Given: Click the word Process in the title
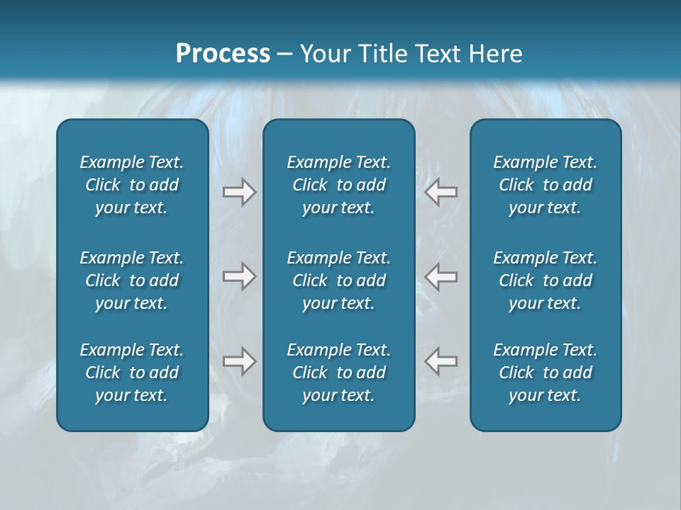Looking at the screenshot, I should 223,54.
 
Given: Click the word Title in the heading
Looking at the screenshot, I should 382,54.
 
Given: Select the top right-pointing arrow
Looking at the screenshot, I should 239,192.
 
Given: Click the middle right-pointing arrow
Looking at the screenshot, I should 239,276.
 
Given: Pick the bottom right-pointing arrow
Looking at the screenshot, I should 239,361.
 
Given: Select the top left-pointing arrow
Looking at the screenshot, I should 441,192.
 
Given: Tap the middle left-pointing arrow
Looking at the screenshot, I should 441,276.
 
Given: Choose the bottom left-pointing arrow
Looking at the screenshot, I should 441,361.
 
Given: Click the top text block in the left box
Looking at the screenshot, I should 132,185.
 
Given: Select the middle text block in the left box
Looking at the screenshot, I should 132,280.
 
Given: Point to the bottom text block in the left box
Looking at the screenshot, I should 132,373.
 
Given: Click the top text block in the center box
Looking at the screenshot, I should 338,185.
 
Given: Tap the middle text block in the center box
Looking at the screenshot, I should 338,280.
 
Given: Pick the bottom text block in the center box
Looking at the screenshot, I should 338,373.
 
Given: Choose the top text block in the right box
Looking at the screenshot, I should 545,185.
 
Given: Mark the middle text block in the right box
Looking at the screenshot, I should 545,280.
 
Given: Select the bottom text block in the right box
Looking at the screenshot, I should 545,373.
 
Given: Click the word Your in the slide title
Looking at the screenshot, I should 326,54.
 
